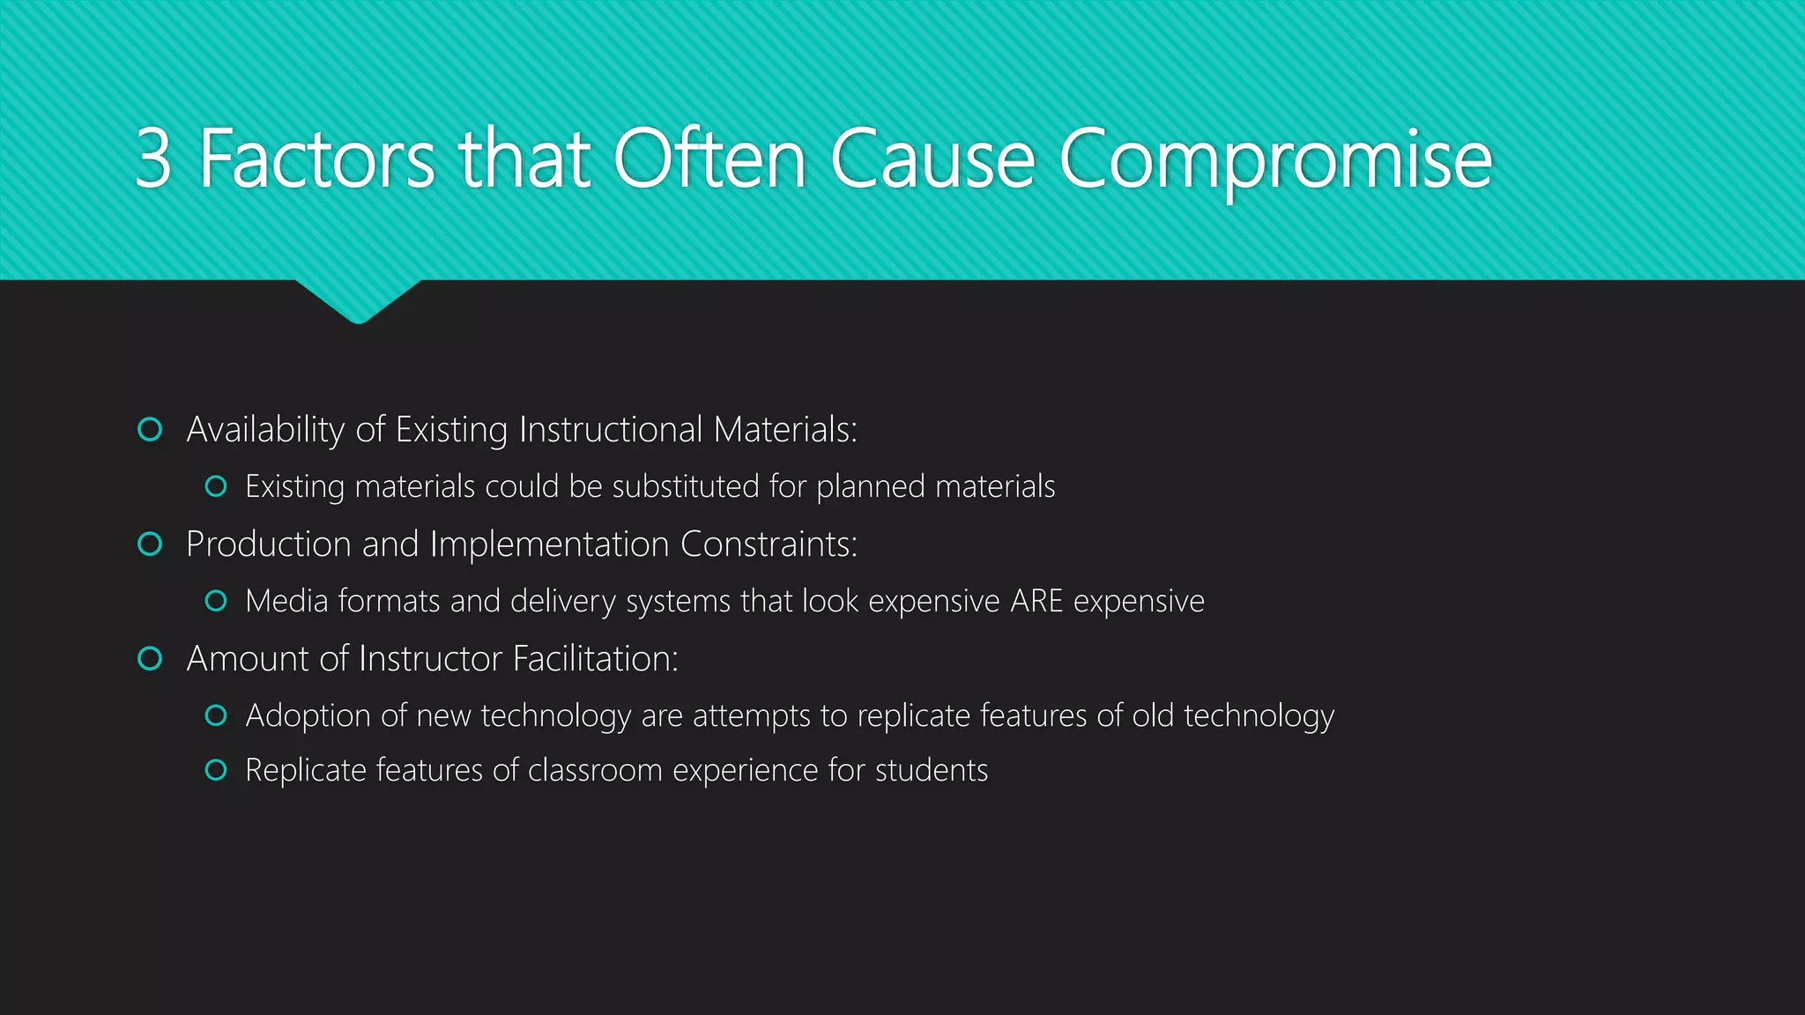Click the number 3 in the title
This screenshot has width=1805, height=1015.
[153, 159]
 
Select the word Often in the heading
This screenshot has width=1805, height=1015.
[709, 159]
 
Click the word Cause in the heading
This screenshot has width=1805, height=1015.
[932, 159]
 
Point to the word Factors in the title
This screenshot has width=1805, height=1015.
[316, 159]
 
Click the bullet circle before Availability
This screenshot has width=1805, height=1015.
[151, 430]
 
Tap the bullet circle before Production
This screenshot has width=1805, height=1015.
[151, 545]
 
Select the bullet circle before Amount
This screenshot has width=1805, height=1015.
[151, 659]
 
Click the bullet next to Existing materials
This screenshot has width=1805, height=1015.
[216, 486]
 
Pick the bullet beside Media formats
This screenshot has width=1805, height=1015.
[216, 601]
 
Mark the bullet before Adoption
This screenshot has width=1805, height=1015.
[216, 715]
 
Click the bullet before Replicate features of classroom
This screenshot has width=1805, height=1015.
[216, 770]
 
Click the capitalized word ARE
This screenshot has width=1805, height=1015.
[1036, 601]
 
